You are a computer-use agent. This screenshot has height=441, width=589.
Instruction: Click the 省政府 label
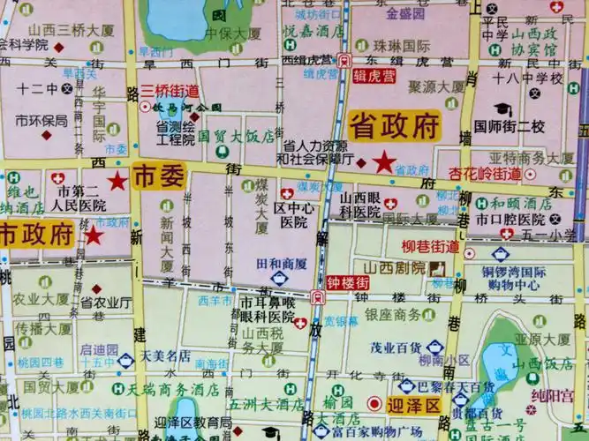[x=394, y=125]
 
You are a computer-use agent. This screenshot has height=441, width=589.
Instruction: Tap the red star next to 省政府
[x=384, y=162]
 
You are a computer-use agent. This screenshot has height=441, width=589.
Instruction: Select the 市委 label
[x=159, y=176]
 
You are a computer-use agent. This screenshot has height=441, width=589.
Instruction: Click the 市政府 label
[x=36, y=234]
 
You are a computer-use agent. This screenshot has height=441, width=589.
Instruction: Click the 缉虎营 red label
[x=374, y=75]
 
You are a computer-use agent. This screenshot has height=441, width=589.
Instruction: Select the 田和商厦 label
[x=281, y=264]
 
